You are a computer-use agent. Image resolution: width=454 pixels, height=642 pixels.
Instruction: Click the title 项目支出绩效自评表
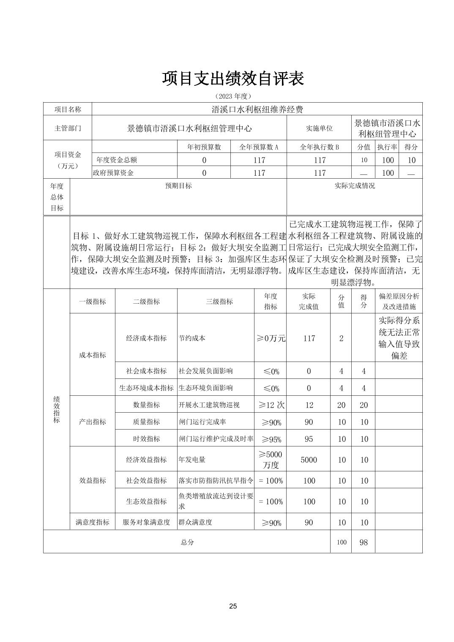click(x=233, y=79)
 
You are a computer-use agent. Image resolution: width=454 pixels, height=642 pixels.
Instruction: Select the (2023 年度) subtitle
click(x=233, y=96)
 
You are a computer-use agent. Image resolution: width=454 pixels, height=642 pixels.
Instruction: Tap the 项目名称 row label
click(x=68, y=109)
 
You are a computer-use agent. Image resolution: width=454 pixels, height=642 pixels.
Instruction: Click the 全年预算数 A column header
click(x=259, y=147)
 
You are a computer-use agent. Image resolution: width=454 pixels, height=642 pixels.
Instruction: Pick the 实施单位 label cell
click(x=319, y=128)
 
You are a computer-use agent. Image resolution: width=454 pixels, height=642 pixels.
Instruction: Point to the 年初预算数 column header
click(x=204, y=147)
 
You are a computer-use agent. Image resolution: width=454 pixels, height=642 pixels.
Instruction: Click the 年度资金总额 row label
click(x=117, y=160)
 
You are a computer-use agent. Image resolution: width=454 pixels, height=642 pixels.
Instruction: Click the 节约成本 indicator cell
click(x=192, y=338)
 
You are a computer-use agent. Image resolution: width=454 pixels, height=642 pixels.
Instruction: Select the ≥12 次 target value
click(x=271, y=405)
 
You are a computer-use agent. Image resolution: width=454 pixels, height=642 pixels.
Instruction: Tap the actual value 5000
click(x=309, y=460)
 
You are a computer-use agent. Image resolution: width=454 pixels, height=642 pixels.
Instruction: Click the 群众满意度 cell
click(x=195, y=522)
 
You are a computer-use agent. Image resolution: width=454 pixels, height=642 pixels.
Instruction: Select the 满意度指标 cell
click(x=93, y=522)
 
